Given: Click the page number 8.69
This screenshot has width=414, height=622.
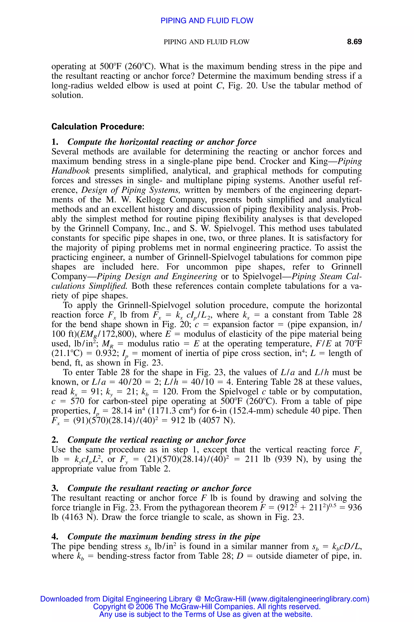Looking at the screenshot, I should (x=354, y=42).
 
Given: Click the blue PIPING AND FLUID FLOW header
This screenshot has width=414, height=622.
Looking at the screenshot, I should (x=207, y=21).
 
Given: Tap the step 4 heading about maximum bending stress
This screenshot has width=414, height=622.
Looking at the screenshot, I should (x=164, y=537).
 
